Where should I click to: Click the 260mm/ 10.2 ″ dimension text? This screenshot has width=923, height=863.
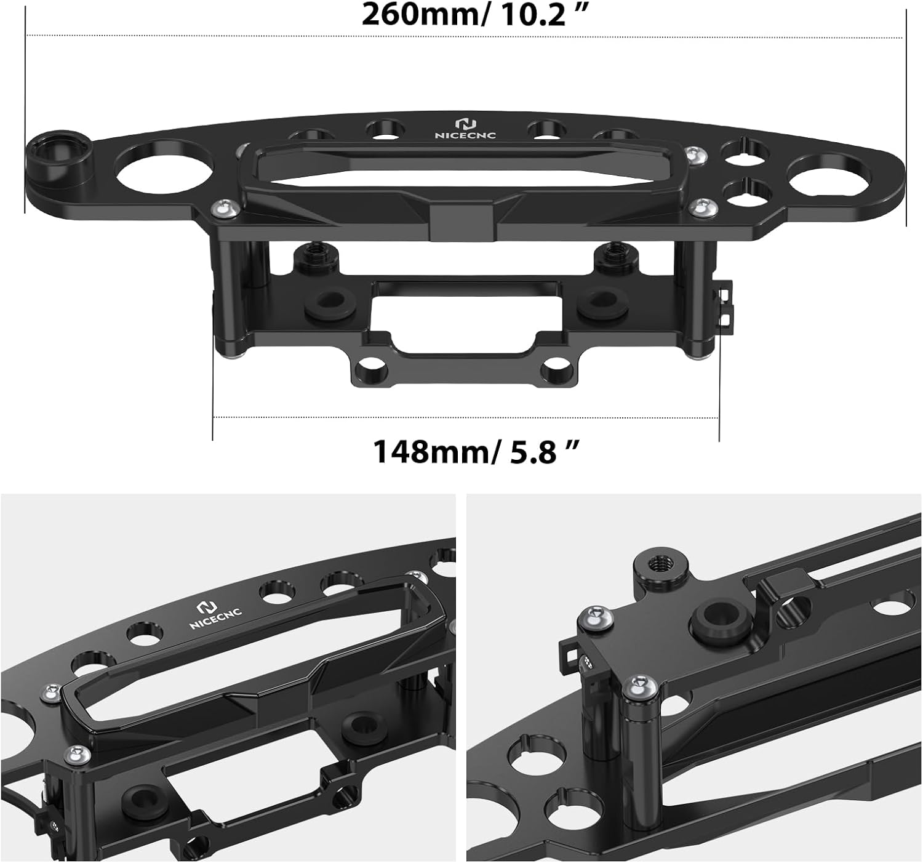(x=471, y=15)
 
